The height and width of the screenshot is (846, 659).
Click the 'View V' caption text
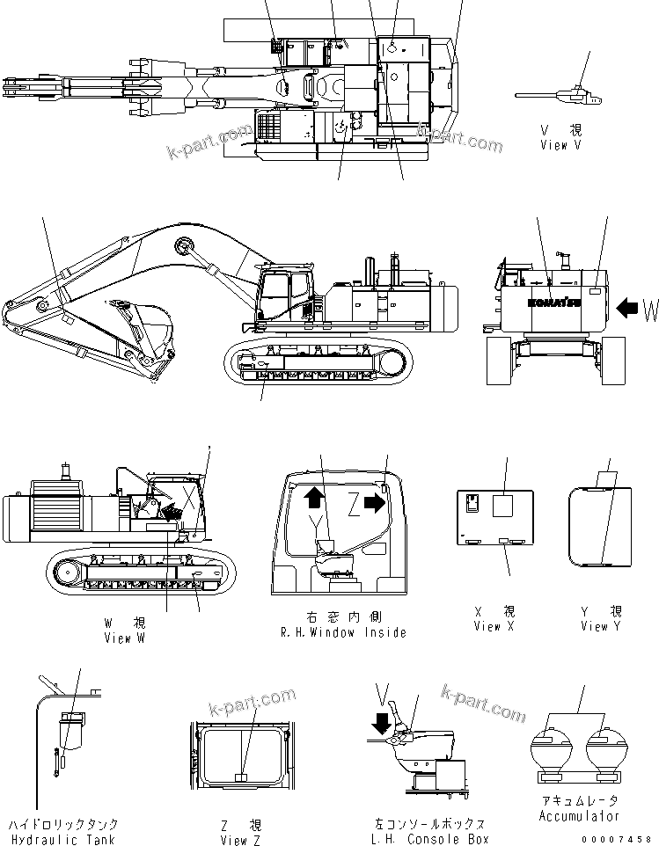tap(560, 145)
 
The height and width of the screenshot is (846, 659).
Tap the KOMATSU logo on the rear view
tap(554, 303)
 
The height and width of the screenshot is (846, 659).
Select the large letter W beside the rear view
tap(650, 309)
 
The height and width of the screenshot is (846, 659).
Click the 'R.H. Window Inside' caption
tap(343, 632)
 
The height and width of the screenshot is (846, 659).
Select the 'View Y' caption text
tap(601, 626)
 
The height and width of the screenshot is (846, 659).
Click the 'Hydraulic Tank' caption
tap(63, 840)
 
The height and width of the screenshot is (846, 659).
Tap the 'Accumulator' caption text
tap(578, 815)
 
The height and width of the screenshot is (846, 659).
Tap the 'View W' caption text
tap(124, 638)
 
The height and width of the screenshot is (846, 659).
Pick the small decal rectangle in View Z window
tap(243, 777)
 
